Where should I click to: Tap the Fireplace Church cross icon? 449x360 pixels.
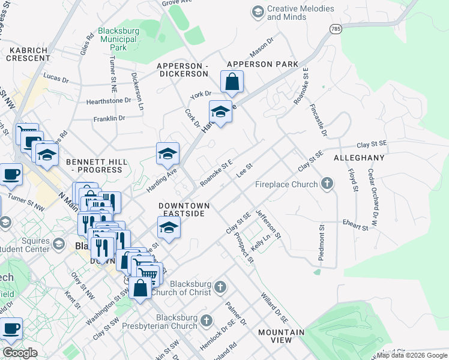pos(327,184)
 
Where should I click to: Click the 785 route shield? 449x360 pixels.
pos(335,29)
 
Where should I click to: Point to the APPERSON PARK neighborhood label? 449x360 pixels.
pos(262,64)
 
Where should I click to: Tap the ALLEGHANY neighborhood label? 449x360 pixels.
pos(358,158)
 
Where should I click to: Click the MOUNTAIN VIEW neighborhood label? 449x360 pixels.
pos(281,336)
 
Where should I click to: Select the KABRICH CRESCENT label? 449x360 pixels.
pos(28,54)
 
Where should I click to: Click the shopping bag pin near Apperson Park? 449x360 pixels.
pos(232,82)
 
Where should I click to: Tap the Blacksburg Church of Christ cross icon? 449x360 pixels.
pos(220,287)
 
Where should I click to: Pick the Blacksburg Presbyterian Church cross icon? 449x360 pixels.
pos(207,320)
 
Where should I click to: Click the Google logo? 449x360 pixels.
pos(20,353)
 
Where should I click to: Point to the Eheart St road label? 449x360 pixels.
pos(357,227)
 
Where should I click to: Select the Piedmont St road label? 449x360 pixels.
pos(322,243)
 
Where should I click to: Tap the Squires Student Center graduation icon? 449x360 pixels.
pos(59,244)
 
